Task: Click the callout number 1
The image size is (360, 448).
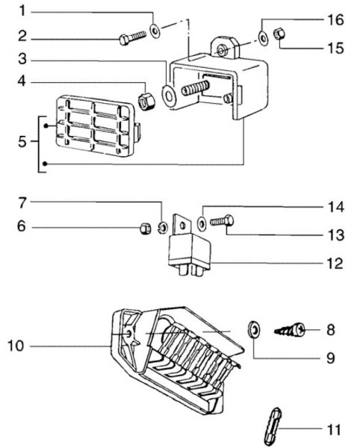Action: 22,11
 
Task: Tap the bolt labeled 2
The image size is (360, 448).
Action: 132,38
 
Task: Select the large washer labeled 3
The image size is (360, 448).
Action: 169,96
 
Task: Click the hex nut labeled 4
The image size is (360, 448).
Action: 146,101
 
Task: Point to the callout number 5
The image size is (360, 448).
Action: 22,142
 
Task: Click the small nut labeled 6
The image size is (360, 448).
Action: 146,228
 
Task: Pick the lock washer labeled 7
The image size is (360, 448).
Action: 163,228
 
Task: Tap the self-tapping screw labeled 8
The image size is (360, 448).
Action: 290,330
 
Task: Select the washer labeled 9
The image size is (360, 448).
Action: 254,329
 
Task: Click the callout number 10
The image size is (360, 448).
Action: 16,346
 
